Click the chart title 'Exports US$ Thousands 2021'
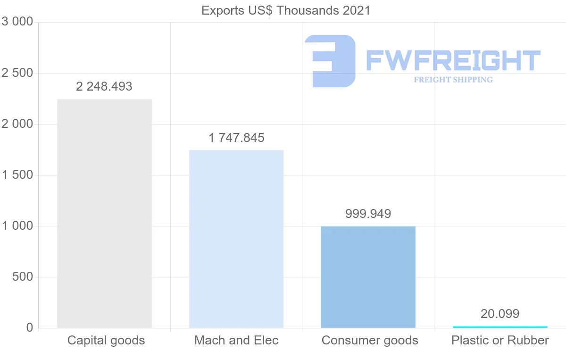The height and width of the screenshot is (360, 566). click(x=286, y=10)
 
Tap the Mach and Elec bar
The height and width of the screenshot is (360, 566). click(x=236, y=239)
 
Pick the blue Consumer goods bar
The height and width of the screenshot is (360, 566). click(x=368, y=277)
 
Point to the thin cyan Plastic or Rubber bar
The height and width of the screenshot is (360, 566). click(x=500, y=327)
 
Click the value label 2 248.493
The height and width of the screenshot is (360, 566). click(x=104, y=87)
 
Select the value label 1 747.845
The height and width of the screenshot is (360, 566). click(x=236, y=138)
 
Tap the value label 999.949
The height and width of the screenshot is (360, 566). click(x=368, y=214)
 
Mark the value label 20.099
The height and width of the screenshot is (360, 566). click(x=500, y=314)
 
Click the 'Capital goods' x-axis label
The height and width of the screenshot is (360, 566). click(x=106, y=340)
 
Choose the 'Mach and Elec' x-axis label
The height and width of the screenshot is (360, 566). click(x=236, y=340)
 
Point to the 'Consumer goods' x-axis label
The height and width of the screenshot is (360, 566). click(x=370, y=340)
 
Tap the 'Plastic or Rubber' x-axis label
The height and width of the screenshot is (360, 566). click(x=500, y=340)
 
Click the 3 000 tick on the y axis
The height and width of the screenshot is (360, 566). click(x=17, y=22)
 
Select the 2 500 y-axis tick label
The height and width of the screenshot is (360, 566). click(x=17, y=73)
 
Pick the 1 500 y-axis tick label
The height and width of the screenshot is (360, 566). click(x=17, y=175)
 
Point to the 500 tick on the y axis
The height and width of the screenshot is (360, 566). click(x=22, y=277)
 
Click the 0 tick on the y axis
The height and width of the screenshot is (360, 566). click(x=29, y=328)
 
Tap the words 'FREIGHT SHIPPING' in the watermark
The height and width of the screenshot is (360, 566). click(x=453, y=80)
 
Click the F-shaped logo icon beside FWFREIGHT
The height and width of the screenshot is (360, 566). click(x=330, y=61)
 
